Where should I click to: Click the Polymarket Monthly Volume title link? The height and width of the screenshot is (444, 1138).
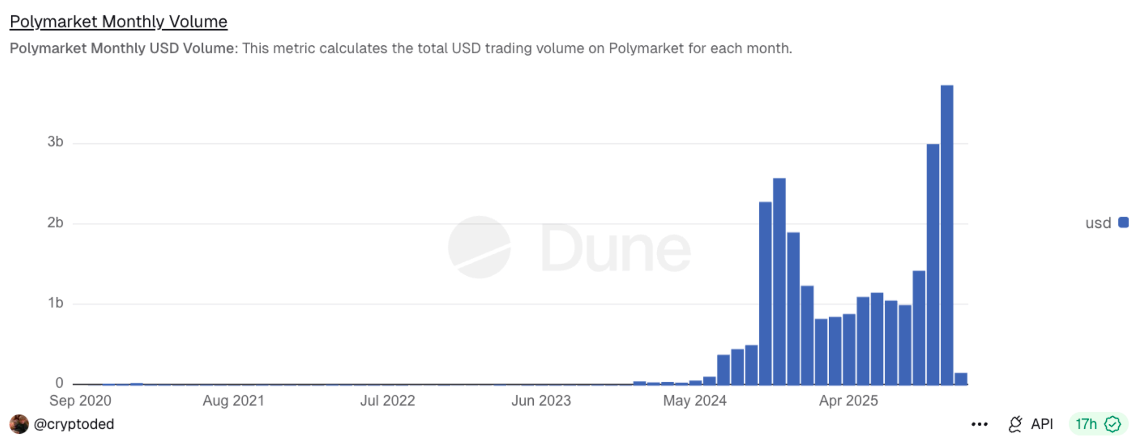point(118,21)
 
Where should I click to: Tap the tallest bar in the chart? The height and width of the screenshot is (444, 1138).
point(946,234)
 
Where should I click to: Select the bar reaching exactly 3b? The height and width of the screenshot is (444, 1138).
point(933,265)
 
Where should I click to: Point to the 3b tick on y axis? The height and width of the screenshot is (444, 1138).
point(56,142)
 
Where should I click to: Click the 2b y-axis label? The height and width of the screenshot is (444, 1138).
point(56,222)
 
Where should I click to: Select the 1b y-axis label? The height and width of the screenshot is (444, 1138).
point(56,303)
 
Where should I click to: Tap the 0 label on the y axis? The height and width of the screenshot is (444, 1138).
point(59,383)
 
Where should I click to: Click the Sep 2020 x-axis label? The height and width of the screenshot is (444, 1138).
point(80,401)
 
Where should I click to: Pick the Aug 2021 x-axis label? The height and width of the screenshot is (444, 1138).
point(233,401)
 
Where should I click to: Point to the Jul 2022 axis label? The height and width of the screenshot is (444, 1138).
point(387,401)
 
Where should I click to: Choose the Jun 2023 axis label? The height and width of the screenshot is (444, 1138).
point(541,401)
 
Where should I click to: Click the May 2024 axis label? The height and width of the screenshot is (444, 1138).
point(695,401)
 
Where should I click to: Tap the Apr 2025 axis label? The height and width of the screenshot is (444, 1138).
point(848,401)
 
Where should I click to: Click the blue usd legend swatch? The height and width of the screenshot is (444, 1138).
point(1123,222)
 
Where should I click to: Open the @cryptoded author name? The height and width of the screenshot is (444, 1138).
point(74,424)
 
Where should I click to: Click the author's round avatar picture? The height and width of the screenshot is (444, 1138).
point(19,424)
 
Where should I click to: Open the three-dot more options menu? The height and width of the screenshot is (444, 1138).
point(979,424)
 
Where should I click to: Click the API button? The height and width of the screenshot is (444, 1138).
point(1031,424)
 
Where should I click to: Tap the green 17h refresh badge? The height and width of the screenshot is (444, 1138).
point(1097,424)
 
